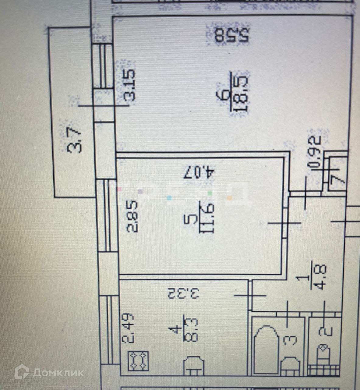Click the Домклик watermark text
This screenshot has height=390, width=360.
(58, 372)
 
